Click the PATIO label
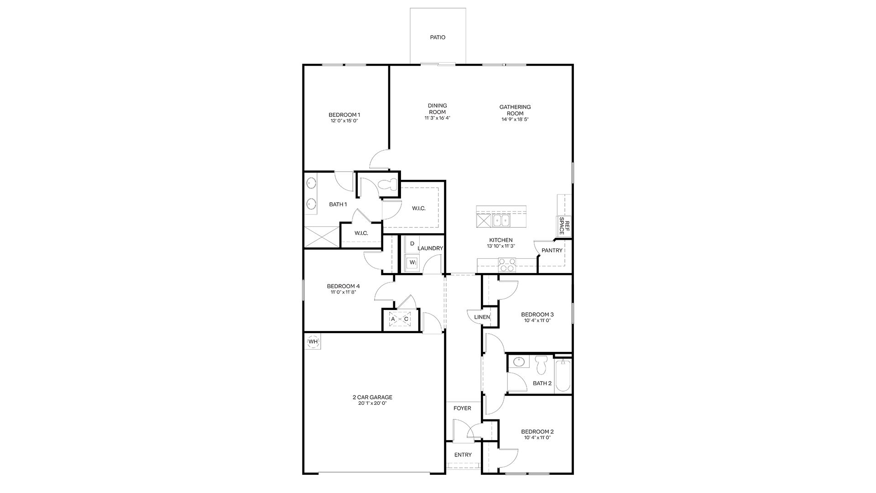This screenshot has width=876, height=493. (x=438, y=37)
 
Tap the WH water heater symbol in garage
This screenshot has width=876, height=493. (x=313, y=341)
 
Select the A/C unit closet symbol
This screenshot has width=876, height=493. (x=399, y=319)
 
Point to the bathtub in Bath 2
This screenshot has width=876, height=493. (x=563, y=375)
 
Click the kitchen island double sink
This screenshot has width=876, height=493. (x=501, y=221)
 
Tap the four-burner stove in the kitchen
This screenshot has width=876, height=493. (x=507, y=265)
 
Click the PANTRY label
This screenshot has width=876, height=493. (x=552, y=251)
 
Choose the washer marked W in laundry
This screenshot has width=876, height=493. (x=412, y=262)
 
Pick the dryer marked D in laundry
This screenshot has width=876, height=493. (x=412, y=244)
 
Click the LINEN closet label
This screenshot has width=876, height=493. (x=482, y=317)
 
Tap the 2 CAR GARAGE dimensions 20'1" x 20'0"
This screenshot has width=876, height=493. (x=372, y=404)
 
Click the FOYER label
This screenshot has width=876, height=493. (x=462, y=408)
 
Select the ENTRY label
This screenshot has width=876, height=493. (x=463, y=455)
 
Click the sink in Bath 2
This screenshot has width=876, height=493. (x=519, y=362)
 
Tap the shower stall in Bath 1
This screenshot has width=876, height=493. (x=322, y=237)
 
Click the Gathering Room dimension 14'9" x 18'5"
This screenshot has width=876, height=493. (x=515, y=119)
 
